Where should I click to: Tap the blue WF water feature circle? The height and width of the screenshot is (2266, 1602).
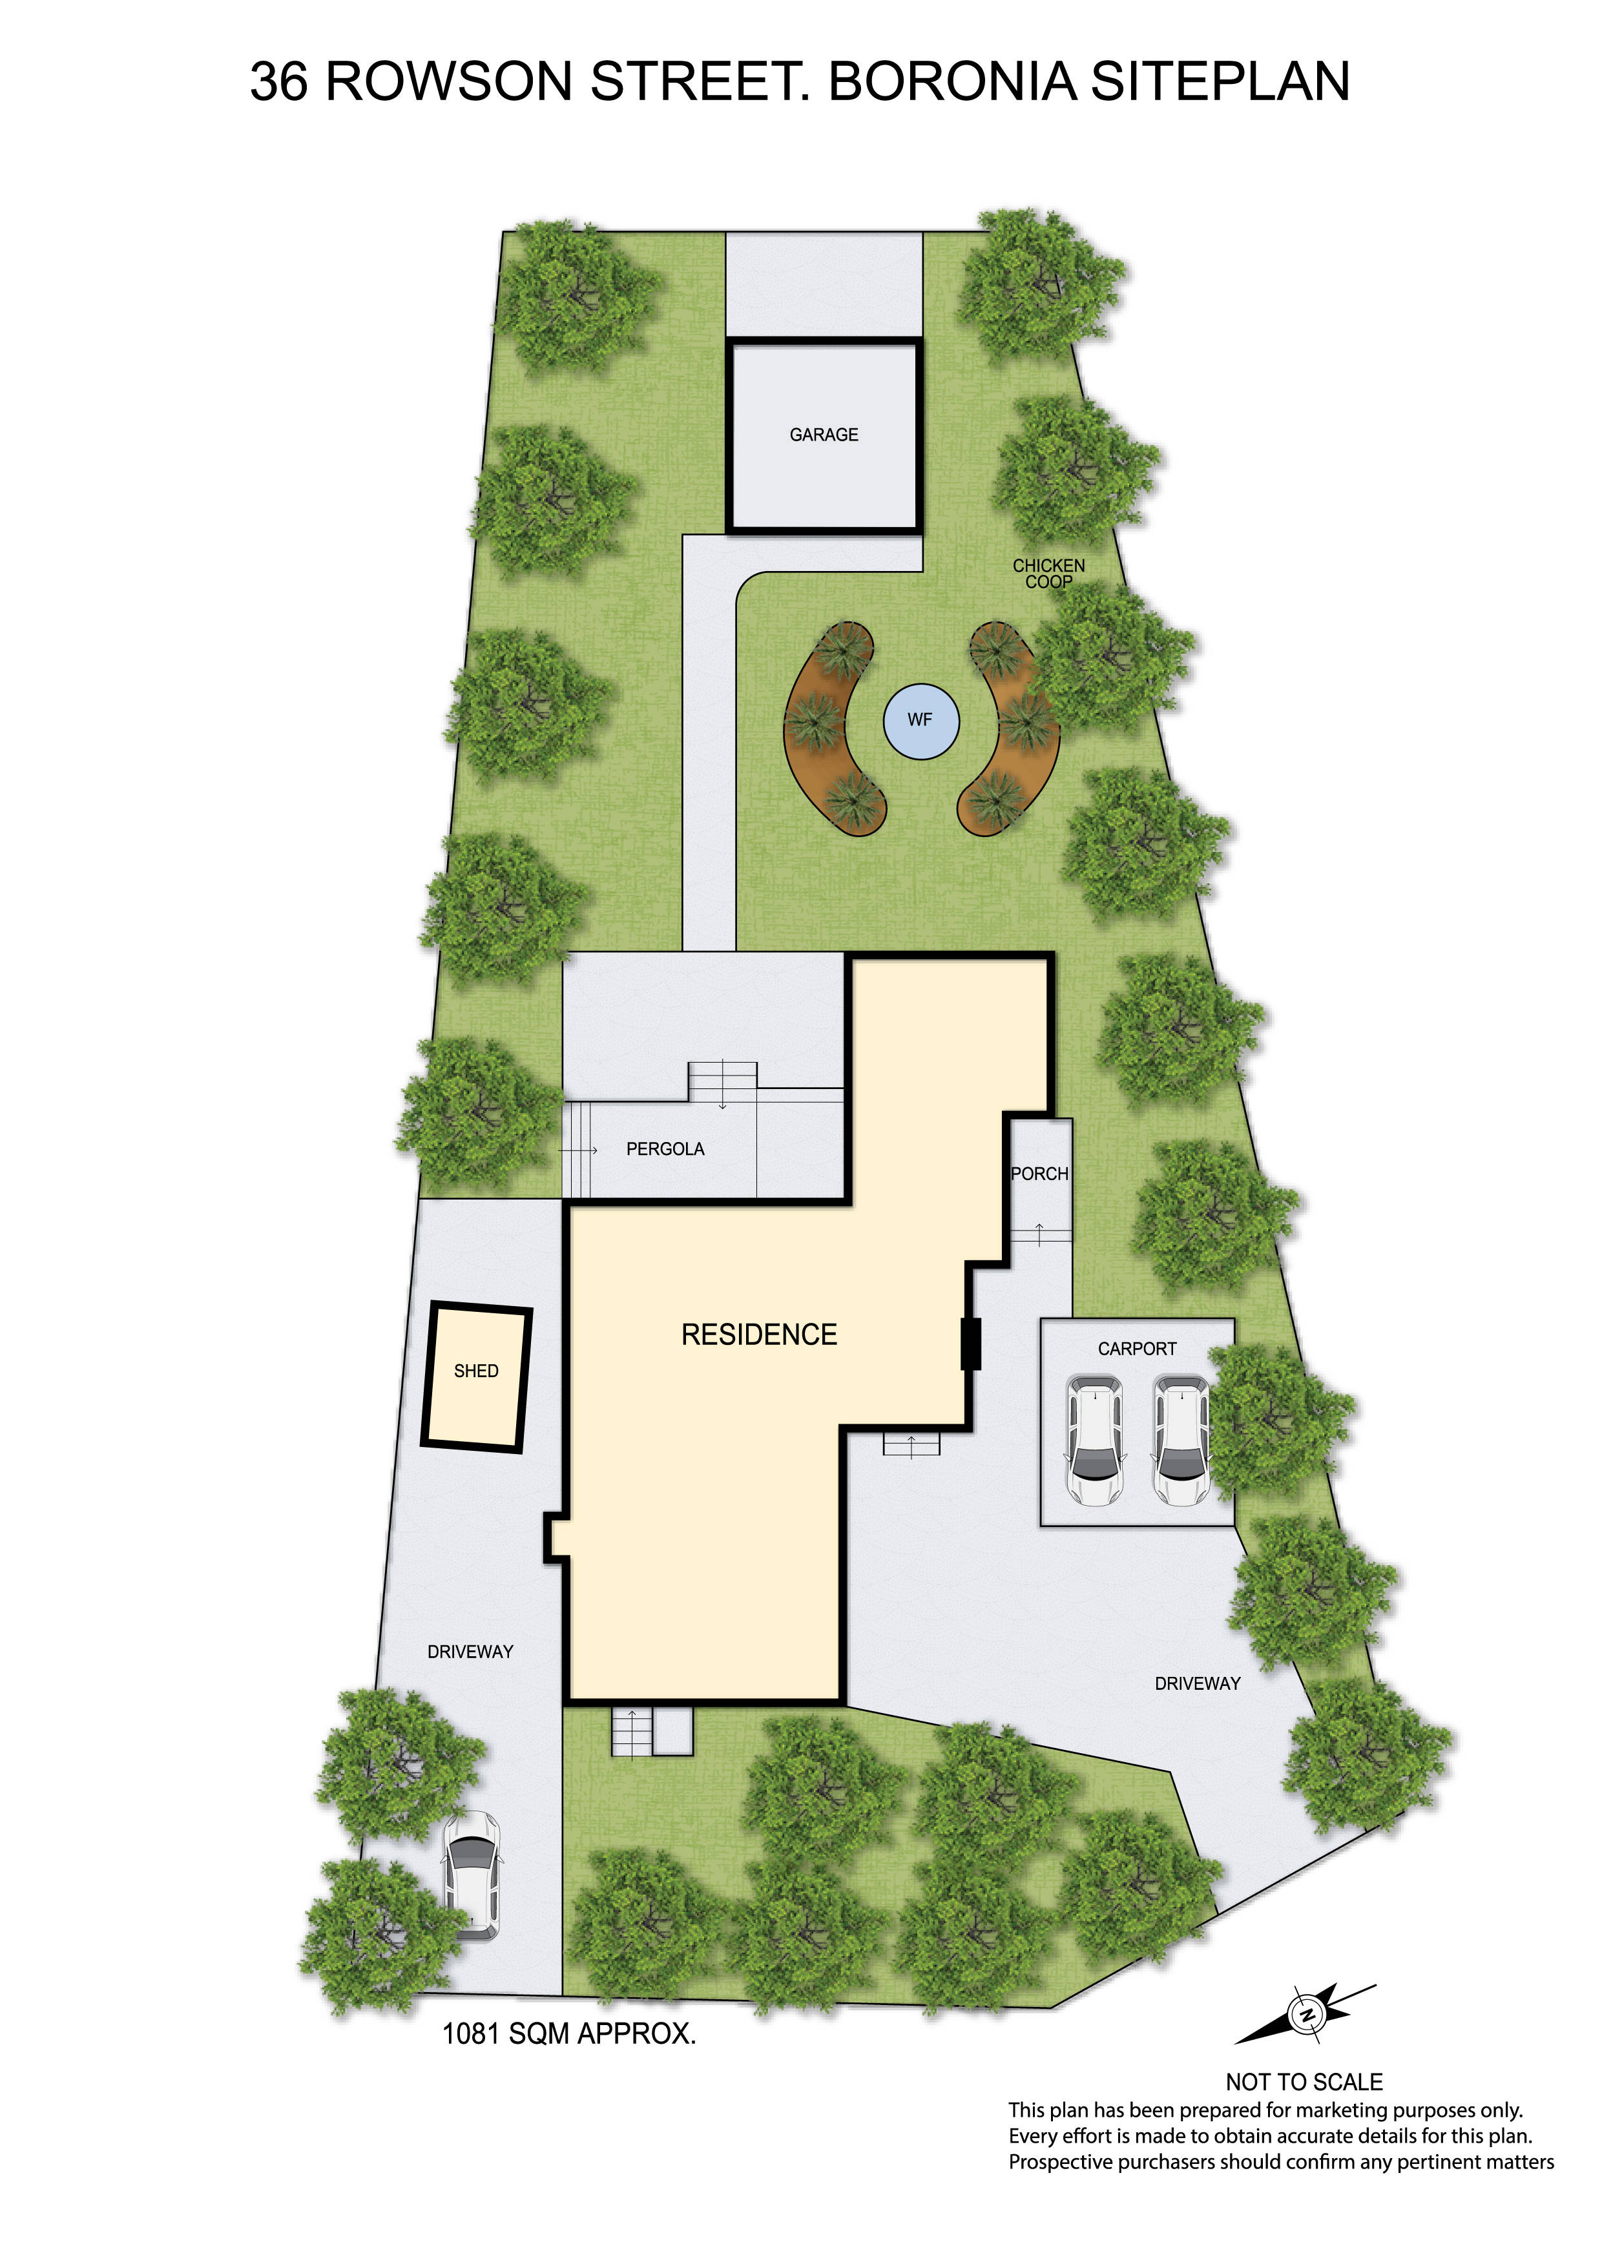pyautogui.click(x=921, y=720)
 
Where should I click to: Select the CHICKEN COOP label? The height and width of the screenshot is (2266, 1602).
pyautogui.click(x=1048, y=574)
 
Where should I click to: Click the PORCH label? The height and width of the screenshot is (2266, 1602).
pyautogui.click(x=1039, y=1174)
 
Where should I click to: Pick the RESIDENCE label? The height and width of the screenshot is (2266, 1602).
pyautogui.click(x=759, y=1335)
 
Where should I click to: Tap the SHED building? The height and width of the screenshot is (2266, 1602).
pyautogui.click(x=477, y=1378)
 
